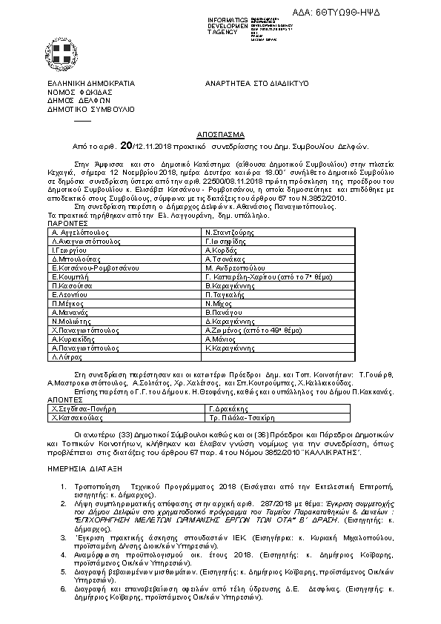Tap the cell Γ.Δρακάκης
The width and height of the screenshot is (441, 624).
click(x=226, y=408)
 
